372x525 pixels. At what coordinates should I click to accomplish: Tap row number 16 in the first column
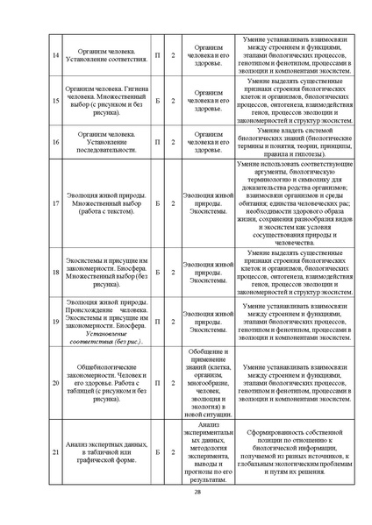tap(56, 140)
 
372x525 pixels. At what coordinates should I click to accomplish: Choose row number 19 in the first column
tap(56, 321)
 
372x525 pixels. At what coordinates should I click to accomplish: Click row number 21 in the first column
tap(56, 452)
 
